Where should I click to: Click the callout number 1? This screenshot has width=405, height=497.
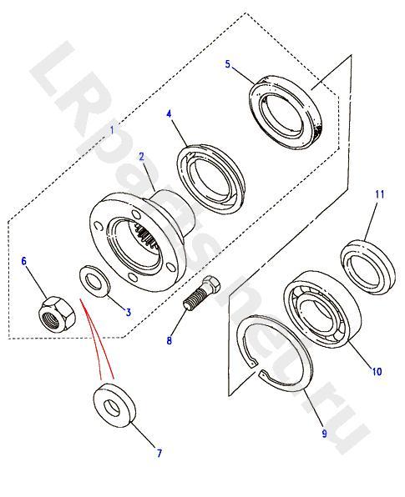point(112,130)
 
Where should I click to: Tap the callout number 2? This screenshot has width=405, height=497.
point(141,157)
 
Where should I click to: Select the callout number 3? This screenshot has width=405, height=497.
point(129,312)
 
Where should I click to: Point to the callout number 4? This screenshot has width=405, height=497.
point(169,114)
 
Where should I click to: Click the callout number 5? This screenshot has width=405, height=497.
point(228,64)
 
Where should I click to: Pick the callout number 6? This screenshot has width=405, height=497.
point(24,261)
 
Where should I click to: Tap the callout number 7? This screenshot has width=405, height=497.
point(159,454)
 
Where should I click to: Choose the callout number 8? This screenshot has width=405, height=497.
point(170,340)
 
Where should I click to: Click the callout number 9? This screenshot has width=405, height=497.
point(324,434)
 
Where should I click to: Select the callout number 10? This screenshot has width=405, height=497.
point(377,371)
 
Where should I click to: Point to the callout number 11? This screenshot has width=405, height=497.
point(380,194)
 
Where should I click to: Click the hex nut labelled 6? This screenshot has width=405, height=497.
point(57,314)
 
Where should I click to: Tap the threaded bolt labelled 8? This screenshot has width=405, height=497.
point(202,294)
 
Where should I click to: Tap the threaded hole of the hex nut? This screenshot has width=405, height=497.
point(52,320)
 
